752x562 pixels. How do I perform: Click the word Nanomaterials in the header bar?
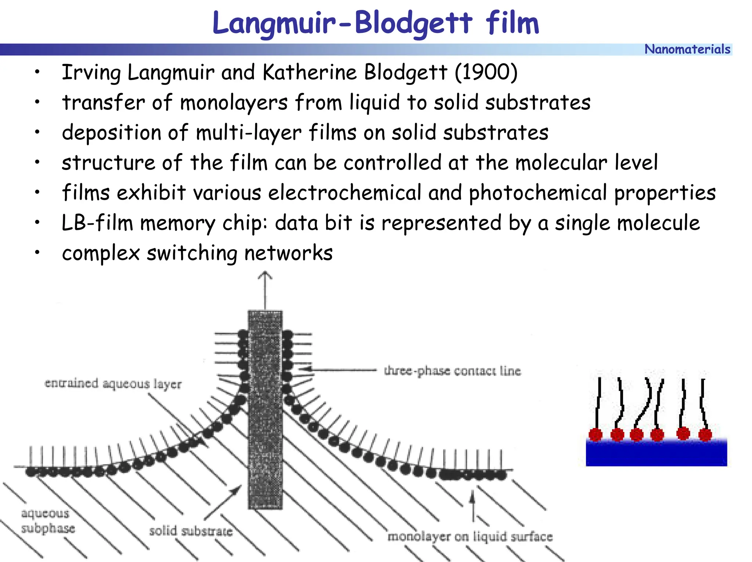click(x=687, y=49)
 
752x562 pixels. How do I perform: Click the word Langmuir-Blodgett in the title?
click(x=342, y=23)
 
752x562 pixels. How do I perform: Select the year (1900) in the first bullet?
click(x=486, y=72)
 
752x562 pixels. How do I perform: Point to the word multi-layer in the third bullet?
click(x=249, y=133)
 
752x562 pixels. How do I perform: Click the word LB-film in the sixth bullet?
click(x=97, y=223)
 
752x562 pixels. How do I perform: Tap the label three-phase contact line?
click(x=452, y=371)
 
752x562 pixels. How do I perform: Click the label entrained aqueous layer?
click(x=113, y=384)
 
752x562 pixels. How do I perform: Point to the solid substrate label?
click(x=191, y=531)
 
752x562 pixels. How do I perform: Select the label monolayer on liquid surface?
click(x=470, y=536)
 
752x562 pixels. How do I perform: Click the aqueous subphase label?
click(x=47, y=521)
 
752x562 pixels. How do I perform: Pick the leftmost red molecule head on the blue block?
click(x=596, y=435)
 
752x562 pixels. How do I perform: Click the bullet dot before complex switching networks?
click(x=37, y=253)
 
